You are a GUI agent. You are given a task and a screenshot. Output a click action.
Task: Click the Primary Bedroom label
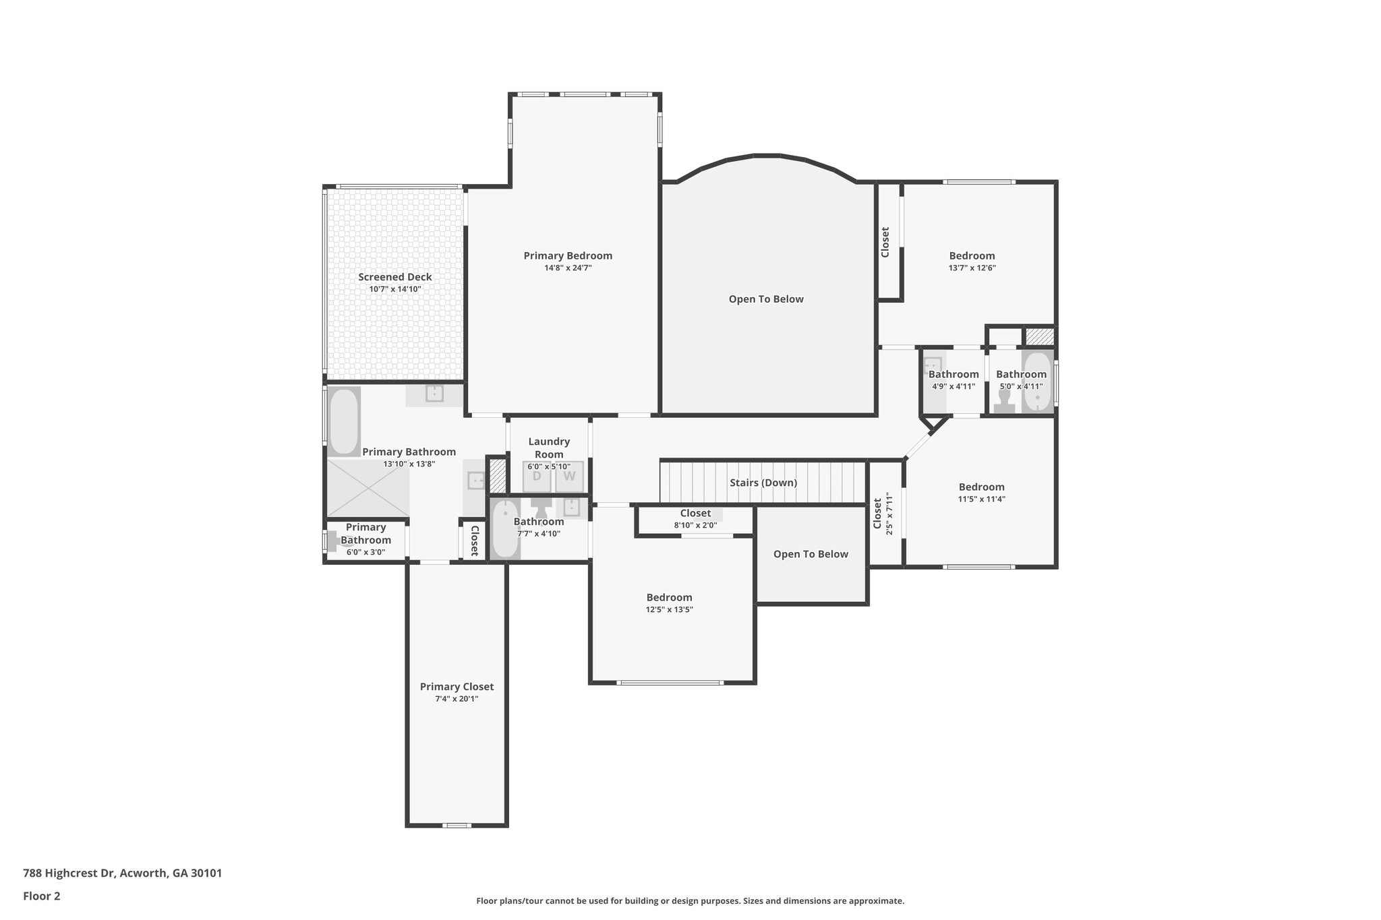pos(568,255)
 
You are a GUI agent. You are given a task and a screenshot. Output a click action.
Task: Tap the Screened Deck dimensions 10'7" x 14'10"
pos(394,289)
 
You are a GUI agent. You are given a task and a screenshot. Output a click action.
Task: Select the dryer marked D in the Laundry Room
pos(537,477)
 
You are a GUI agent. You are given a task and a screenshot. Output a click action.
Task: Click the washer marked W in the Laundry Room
pos(569,477)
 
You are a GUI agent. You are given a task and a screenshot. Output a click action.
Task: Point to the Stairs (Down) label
pos(763,483)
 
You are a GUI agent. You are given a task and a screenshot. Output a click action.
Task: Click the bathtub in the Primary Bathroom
pos(344,421)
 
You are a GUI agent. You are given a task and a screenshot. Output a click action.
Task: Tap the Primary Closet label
pos(457,687)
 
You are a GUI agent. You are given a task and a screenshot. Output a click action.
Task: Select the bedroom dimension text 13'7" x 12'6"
pos(972,268)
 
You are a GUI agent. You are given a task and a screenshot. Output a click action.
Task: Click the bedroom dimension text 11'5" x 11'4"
pos(981,499)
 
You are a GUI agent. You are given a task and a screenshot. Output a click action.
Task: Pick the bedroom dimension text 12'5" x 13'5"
pos(669,610)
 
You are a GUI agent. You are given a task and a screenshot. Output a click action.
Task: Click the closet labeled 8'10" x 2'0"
pos(695,519)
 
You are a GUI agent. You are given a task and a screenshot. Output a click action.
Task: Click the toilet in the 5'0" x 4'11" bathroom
pos(1004,404)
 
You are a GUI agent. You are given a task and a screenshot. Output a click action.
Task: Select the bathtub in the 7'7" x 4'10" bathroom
pos(504,530)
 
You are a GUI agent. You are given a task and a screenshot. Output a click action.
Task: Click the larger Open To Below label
pos(766,299)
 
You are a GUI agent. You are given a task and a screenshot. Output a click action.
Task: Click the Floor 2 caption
pos(42,896)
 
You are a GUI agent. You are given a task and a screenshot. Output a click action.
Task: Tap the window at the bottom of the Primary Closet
pos(457,825)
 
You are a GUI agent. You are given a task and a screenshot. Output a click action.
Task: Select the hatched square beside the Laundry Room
pos(497,475)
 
